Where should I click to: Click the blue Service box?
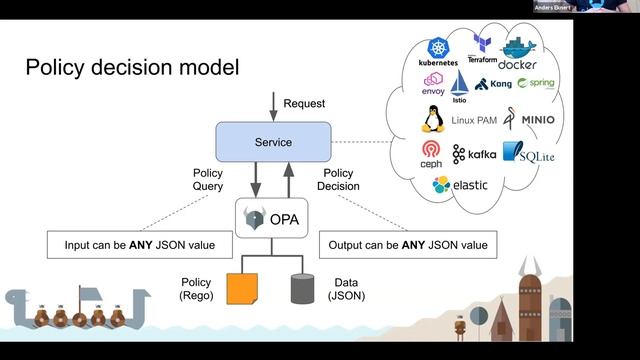pos(272,142)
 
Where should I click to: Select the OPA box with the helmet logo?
pos(272,217)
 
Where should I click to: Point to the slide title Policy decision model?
pos(132,68)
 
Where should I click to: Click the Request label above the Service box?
pos(304,104)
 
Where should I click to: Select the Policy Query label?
pos(207,179)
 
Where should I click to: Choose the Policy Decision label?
pos(339,179)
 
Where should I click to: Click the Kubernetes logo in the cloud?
pos(439,52)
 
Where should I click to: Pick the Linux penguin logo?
pos(432,120)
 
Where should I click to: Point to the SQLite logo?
pos(528,152)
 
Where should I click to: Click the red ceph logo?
pos(431,153)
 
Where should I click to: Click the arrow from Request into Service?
pos(272,105)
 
